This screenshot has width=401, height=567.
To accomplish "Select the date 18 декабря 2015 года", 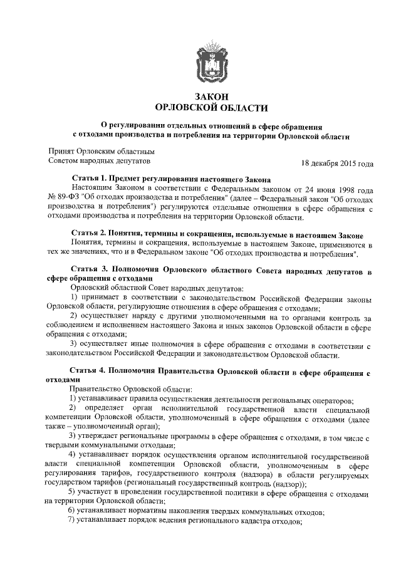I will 337,164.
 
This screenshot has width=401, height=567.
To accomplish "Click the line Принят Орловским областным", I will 102,151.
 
